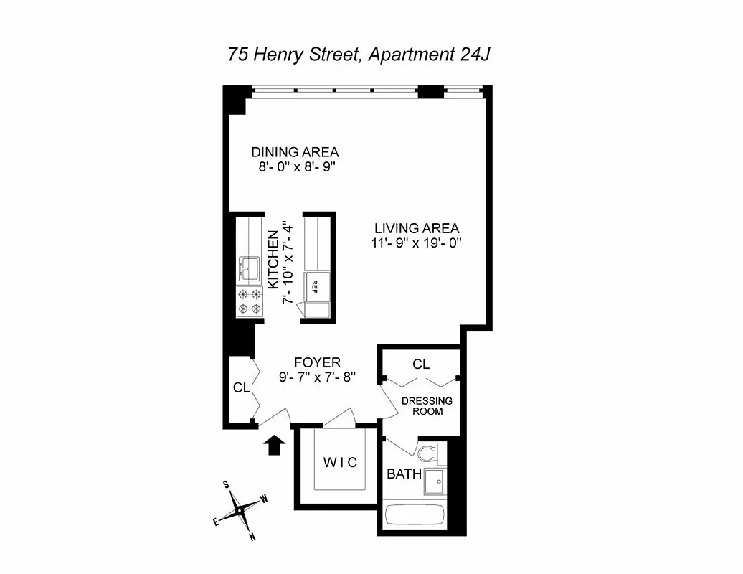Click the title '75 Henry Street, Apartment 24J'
coord(359,55)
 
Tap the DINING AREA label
coord(294,152)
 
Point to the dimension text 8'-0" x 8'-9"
coord(294,166)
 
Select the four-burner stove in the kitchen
coord(249,301)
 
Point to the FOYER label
coord(317,362)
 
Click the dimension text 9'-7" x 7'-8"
coord(317,376)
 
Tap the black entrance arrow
coord(274,445)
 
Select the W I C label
coord(339,461)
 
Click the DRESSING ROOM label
coord(427,406)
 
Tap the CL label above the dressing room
coord(421,364)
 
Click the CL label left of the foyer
coord(241,387)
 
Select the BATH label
coord(404,474)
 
